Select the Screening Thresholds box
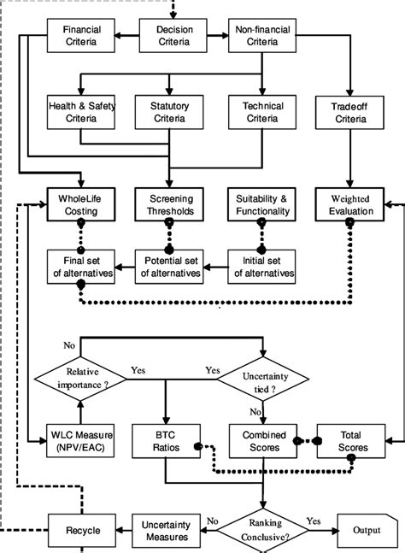[170, 204]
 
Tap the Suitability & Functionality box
[261, 204]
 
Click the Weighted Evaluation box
[350, 204]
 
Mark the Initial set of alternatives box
[261, 268]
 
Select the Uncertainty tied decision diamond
[261, 378]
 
